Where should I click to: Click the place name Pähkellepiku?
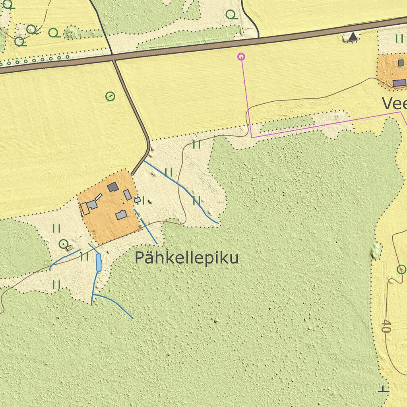pos(186,258)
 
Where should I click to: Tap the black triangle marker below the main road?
pos(353,37)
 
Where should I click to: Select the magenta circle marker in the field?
pos(241,56)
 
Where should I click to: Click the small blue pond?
pos(98,263)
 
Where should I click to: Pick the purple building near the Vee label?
pos(399,83)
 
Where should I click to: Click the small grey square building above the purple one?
pos(401,63)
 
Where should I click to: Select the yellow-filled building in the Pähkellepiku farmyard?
pos(85,209)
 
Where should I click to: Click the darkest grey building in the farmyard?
pos(113,186)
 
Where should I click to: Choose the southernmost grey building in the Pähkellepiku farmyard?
pos(121,215)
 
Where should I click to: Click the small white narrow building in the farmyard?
pos(99,197)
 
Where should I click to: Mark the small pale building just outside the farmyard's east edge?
pos(137,200)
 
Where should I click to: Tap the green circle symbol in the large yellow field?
pos(110,96)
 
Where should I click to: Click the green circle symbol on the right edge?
pos(401,270)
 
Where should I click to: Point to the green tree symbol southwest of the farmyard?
pos(64,244)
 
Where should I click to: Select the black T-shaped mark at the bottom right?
pos(383,390)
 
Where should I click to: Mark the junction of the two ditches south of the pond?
pos(93,295)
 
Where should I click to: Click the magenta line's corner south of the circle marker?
pos(252,138)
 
